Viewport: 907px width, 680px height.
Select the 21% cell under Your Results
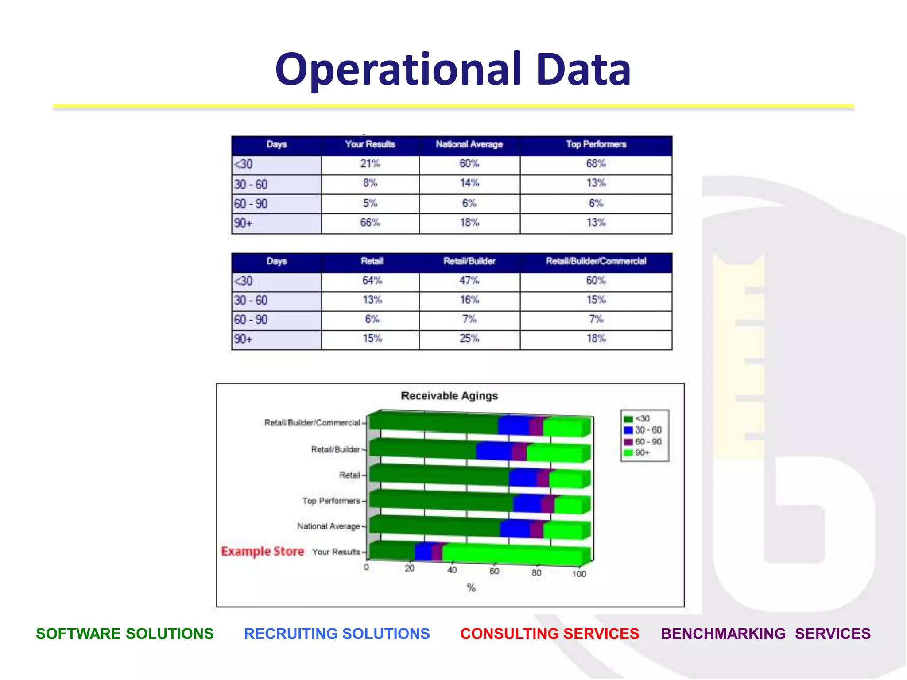pos(370,164)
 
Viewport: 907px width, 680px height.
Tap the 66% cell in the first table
pos(370,223)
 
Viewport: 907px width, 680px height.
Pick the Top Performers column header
pos(596,144)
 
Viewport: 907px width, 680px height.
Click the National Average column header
pos(469,144)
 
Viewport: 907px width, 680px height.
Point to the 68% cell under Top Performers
pos(596,164)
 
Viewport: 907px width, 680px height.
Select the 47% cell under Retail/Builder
pos(469,281)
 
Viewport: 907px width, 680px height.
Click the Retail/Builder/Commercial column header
pos(596,261)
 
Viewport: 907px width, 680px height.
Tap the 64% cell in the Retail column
pos(372,281)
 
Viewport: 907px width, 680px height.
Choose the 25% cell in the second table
pos(469,339)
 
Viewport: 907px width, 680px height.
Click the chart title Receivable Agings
pos(449,396)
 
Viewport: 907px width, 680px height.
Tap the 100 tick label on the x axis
pos(579,574)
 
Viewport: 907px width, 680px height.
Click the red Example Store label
pos(263,552)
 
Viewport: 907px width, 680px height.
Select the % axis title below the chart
pos(471,588)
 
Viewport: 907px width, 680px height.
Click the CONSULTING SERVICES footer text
pos(550,634)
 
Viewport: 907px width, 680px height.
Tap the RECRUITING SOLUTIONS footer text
pos(337,634)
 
